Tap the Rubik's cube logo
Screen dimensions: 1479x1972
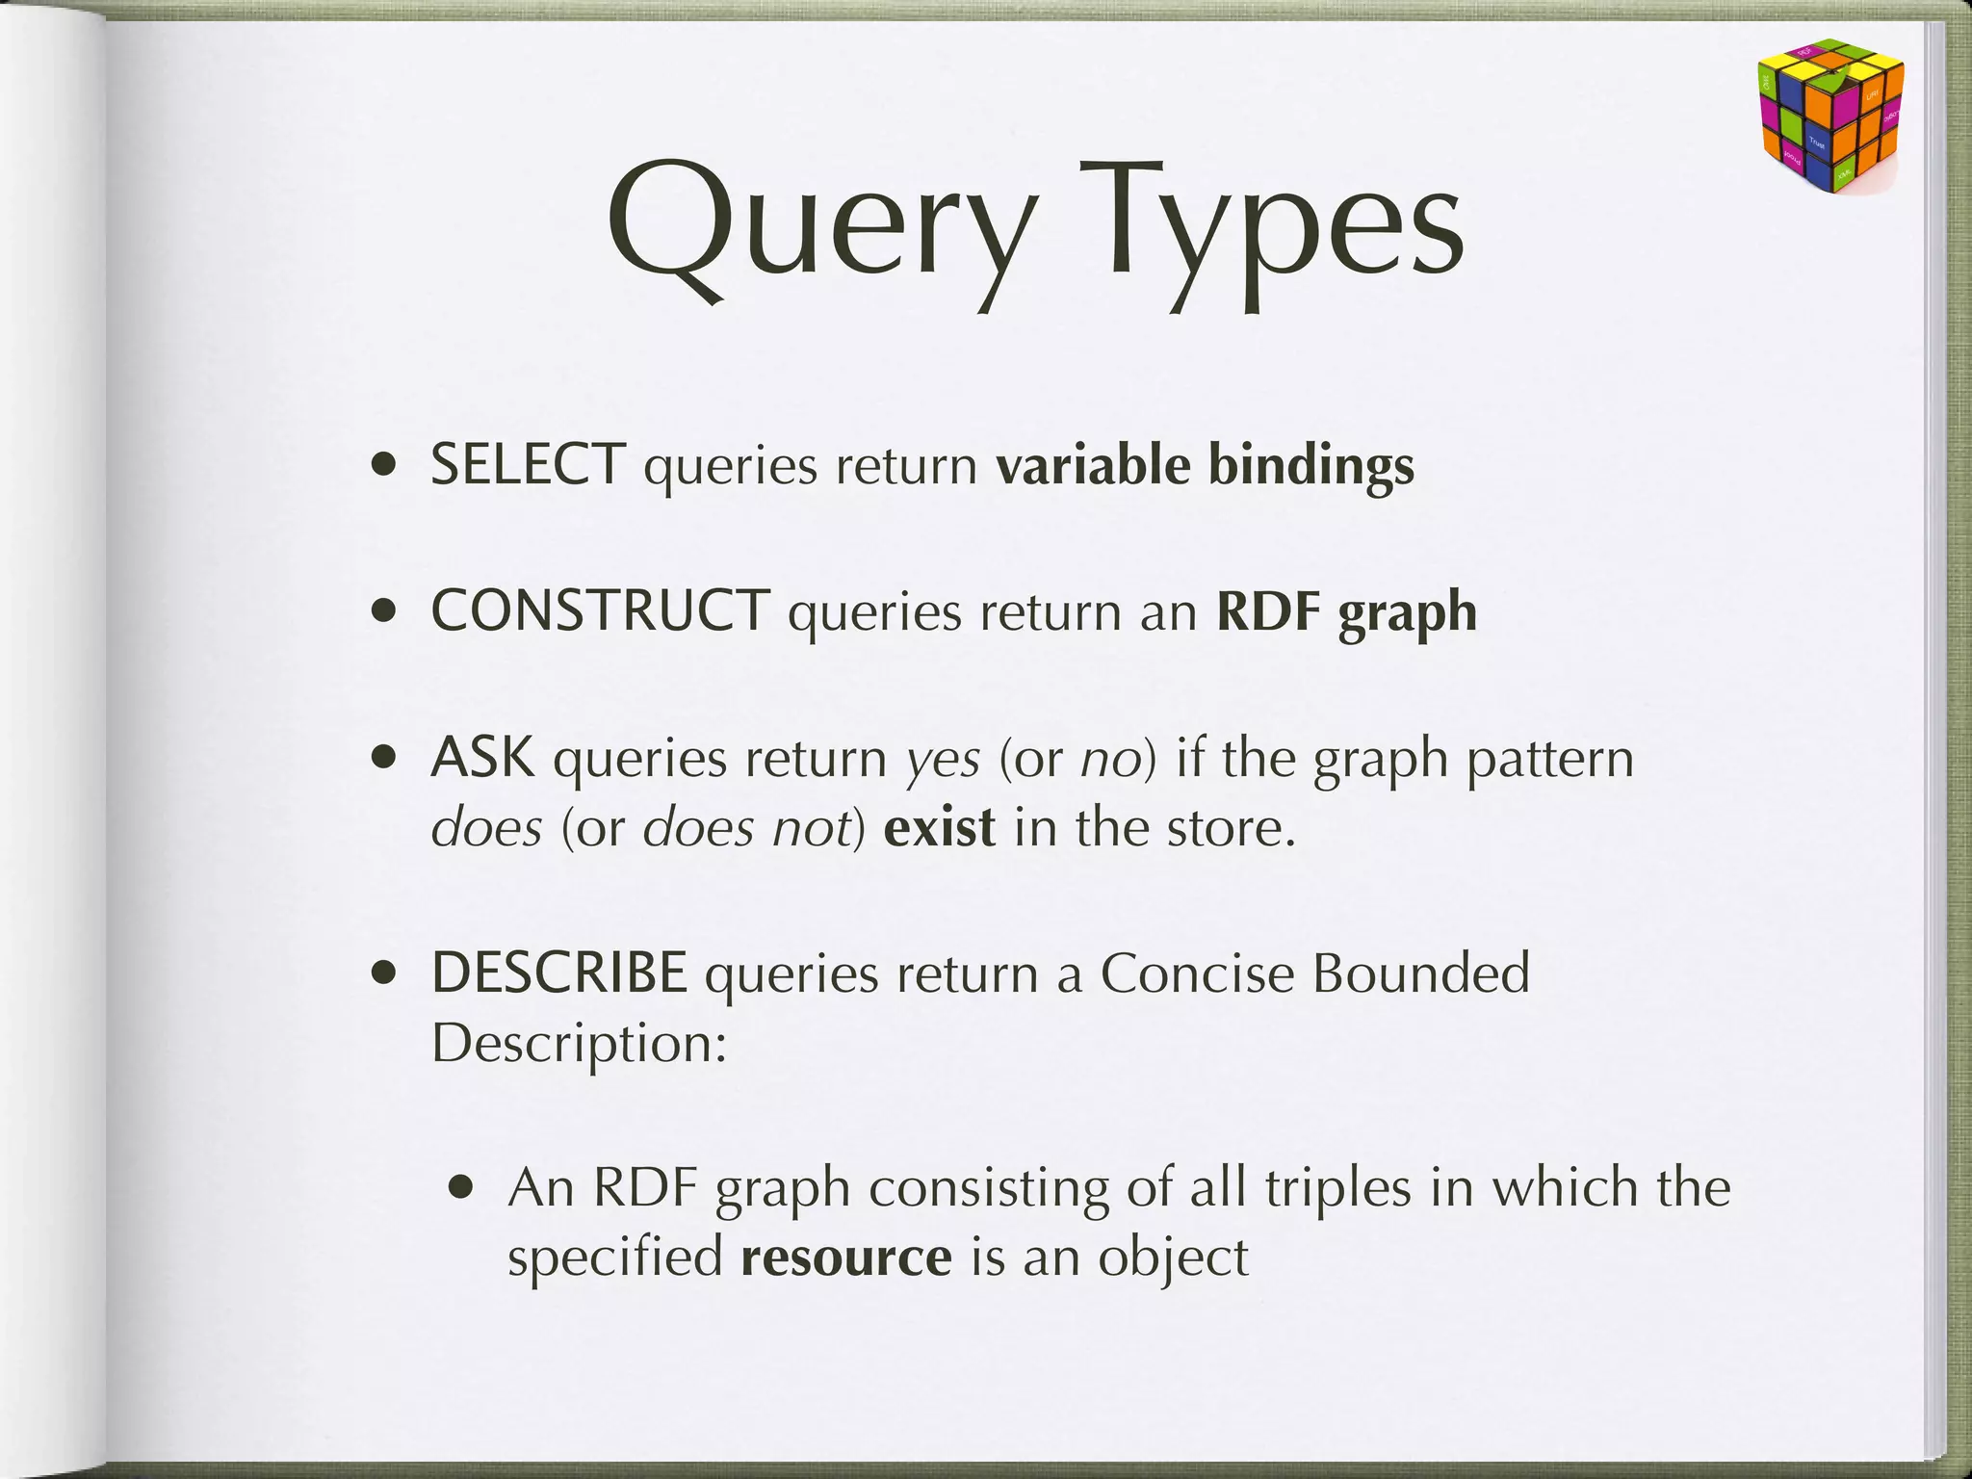click(1829, 116)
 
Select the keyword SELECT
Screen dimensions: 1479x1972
click(528, 465)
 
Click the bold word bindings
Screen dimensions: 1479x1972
click(1310, 467)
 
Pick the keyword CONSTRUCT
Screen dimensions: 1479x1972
click(600, 611)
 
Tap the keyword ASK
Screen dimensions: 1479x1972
click(482, 758)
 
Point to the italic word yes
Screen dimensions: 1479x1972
click(944, 761)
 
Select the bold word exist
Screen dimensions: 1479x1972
click(939, 828)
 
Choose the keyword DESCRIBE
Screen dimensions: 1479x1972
click(558, 973)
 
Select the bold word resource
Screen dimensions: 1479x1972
click(846, 1258)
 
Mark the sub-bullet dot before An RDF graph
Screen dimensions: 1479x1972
click(462, 1188)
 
